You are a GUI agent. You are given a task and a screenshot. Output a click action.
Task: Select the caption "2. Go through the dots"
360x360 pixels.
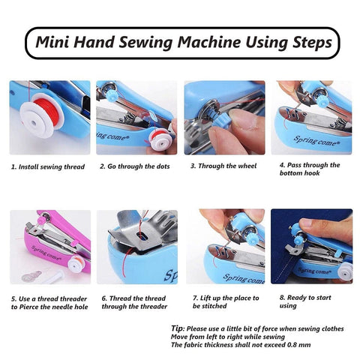(135, 166)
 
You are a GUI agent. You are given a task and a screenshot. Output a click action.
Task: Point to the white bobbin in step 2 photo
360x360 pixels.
(160, 139)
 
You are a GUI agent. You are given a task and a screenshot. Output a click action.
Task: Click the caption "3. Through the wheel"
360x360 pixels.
(223, 166)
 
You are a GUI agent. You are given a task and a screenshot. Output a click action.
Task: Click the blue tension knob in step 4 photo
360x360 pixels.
(323, 100)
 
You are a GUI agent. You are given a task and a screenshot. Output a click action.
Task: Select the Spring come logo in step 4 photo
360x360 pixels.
(316, 141)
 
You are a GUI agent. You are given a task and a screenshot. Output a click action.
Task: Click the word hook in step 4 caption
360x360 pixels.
(312, 173)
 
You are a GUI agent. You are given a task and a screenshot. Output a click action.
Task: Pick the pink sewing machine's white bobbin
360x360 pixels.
(76, 262)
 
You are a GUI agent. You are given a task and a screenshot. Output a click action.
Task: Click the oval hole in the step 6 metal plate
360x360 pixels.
(141, 236)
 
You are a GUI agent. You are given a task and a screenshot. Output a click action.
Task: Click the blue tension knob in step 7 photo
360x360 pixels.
(252, 239)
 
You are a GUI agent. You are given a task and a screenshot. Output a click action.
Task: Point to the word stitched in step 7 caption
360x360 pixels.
(214, 306)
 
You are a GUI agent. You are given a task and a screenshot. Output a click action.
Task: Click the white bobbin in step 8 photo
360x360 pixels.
(345, 271)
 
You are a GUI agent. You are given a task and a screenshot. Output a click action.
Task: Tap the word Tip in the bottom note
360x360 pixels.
(178, 328)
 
